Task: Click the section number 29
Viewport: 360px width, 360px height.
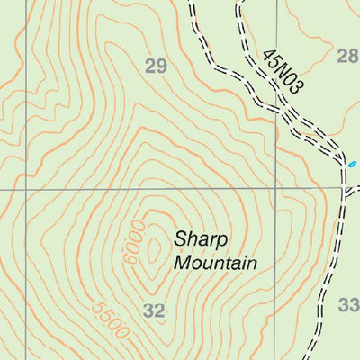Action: (x=156, y=66)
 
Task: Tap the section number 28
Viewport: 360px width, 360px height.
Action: (x=347, y=57)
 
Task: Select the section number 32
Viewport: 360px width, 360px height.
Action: (x=155, y=311)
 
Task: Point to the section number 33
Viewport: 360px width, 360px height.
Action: (x=348, y=305)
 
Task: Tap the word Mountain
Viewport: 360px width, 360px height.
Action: (x=215, y=263)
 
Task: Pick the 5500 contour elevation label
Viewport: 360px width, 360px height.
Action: (x=110, y=319)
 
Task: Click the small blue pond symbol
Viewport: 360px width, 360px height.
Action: (x=352, y=164)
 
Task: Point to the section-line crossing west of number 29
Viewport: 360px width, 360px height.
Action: (x=26, y=191)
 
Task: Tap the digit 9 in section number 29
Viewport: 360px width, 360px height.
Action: (x=162, y=66)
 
